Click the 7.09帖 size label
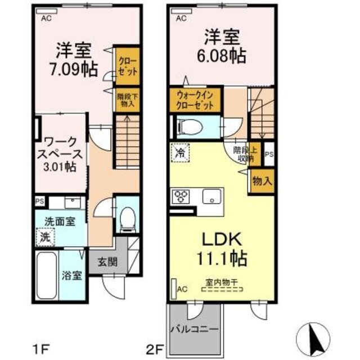[73, 70]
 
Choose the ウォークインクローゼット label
[195, 100]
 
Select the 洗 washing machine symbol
[43, 237]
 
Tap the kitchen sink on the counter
[213, 197]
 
